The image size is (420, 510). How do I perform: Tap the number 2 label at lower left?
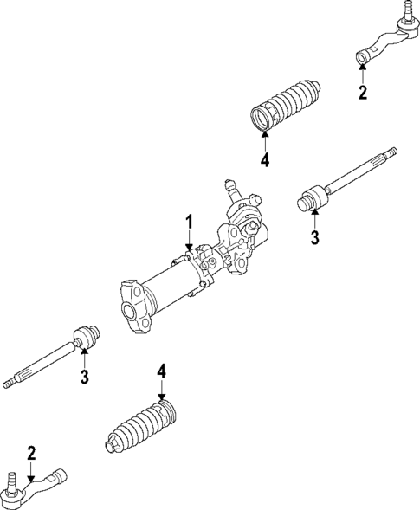click(x=30, y=451)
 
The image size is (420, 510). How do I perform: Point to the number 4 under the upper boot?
click(x=264, y=159)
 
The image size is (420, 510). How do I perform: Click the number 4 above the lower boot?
click(x=160, y=371)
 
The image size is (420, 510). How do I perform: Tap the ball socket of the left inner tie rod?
click(x=87, y=335)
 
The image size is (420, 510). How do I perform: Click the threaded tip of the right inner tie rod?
click(x=391, y=155)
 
